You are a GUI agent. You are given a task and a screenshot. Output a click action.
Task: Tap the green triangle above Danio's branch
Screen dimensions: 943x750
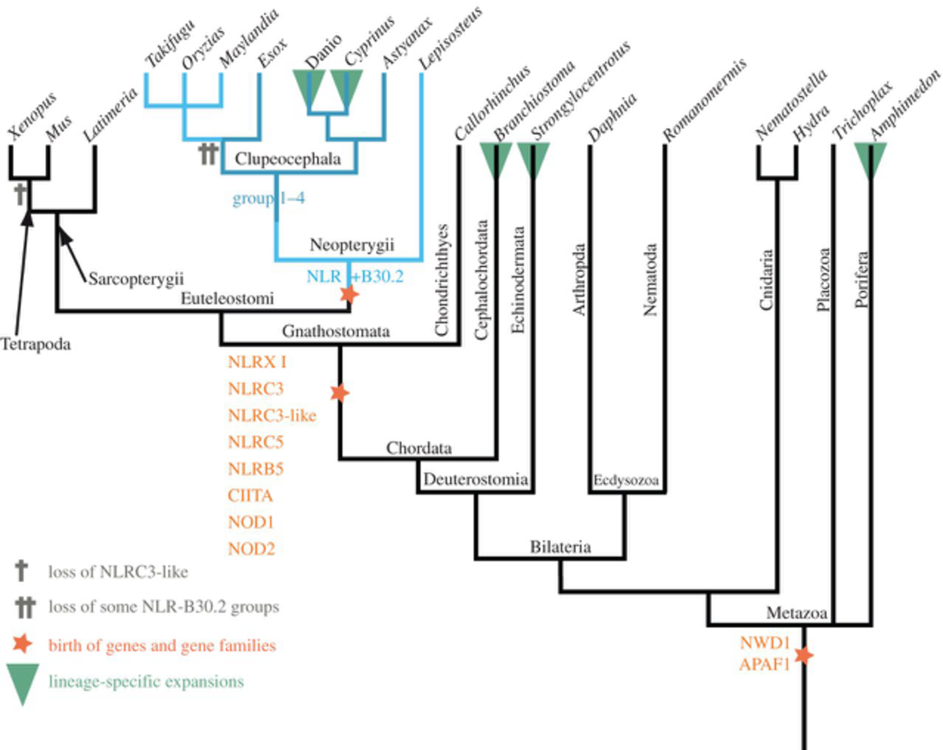pyautogui.click(x=309, y=88)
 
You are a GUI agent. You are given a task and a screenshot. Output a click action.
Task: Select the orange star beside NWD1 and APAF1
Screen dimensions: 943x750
pyautogui.click(x=804, y=655)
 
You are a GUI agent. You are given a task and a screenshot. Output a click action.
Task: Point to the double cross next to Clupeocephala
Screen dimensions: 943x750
pyautogui.click(x=208, y=155)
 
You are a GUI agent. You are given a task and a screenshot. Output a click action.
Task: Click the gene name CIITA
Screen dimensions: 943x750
pyautogui.click(x=250, y=496)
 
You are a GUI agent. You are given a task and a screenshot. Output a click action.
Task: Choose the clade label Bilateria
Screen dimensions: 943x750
pyautogui.click(x=561, y=547)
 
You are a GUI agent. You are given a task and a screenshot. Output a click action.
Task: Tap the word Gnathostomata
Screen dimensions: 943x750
pyautogui.click(x=336, y=331)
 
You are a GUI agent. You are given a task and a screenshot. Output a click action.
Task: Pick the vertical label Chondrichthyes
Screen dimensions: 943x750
pyautogui.click(x=441, y=280)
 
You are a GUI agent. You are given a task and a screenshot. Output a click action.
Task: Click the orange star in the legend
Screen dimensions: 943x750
pyautogui.click(x=22, y=644)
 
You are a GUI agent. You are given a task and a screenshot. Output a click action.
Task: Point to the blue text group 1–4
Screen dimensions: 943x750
pyautogui.click(x=268, y=198)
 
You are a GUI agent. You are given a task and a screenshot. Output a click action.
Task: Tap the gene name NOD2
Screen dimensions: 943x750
pyautogui.click(x=251, y=549)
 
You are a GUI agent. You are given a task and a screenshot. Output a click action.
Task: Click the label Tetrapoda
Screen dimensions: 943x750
pyautogui.click(x=36, y=345)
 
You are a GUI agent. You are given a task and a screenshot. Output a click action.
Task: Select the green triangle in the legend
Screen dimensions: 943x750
pyautogui.click(x=23, y=684)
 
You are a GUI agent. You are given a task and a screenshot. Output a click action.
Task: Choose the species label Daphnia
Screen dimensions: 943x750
pyautogui.click(x=612, y=117)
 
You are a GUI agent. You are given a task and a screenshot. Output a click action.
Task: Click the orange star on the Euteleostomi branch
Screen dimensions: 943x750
pyautogui.click(x=349, y=294)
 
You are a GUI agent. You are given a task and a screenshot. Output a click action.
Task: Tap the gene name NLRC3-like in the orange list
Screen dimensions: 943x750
pyautogui.click(x=272, y=415)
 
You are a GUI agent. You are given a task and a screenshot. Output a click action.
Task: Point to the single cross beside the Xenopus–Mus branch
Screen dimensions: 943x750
pyautogui.click(x=20, y=194)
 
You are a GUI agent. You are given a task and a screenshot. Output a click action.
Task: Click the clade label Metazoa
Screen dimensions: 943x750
pyautogui.click(x=797, y=613)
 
